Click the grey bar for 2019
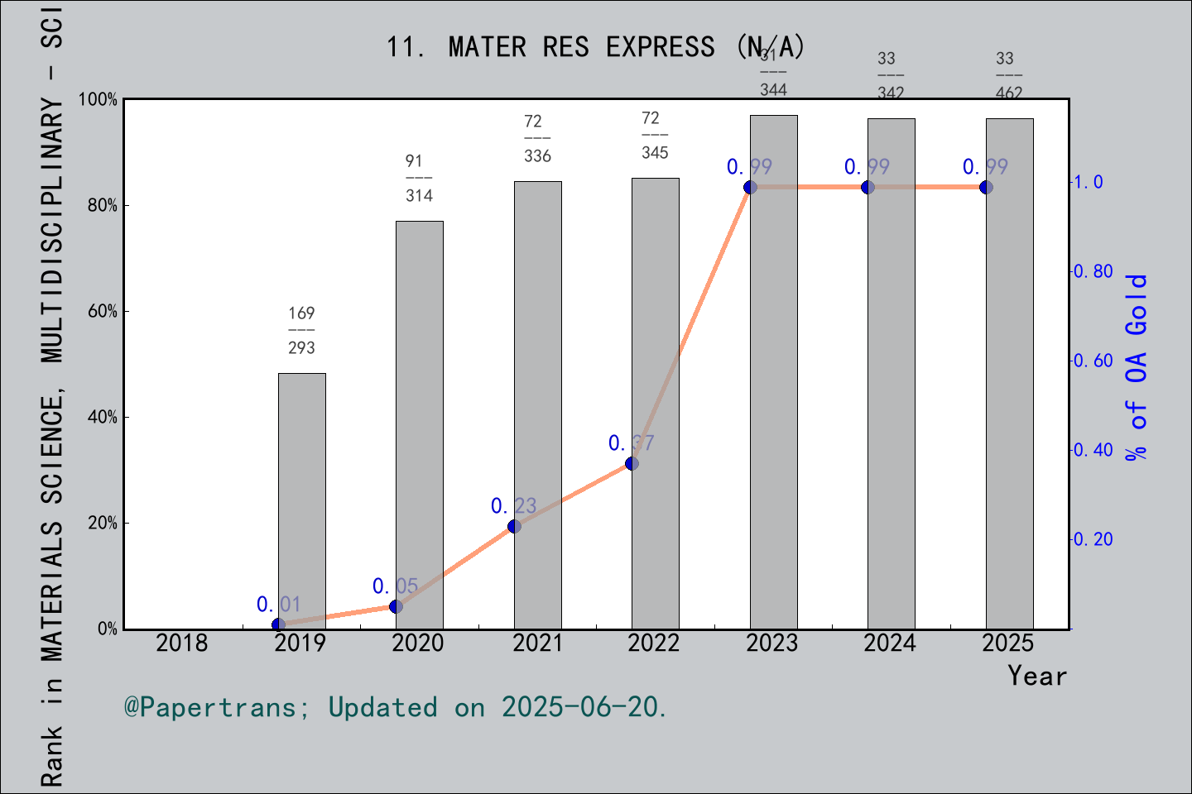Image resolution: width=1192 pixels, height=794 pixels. (x=301, y=500)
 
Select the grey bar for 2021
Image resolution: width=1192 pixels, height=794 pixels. (x=537, y=405)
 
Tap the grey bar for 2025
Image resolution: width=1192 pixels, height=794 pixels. (x=1009, y=373)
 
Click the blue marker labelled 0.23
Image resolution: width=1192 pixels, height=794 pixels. (x=514, y=527)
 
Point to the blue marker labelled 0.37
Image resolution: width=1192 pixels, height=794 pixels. (x=632, y=463)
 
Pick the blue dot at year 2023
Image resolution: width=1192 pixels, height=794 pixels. (x=750, y=187)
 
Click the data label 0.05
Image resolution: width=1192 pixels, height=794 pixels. (x=395, y=586)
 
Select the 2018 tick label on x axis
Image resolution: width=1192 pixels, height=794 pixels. (x=182, y=643)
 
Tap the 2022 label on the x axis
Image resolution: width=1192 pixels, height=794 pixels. (x=654, y=643)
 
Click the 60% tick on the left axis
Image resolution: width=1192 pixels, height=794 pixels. (x=103, y=311)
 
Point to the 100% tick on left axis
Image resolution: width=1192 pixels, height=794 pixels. (x=99, y=99)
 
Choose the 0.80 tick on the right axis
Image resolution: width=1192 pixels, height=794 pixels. (x=1093, y=271)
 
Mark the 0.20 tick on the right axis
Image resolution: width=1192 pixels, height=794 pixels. (x=1093, y=539)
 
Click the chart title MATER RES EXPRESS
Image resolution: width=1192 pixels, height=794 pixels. (x=595, y=47)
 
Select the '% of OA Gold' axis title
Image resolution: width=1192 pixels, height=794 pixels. (x=1136, y=367)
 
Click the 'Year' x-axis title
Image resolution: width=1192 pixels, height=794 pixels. (x=1036, y=676)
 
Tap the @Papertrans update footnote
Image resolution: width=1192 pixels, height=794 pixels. (x=396, y=707)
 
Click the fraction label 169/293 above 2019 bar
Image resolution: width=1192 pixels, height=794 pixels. (x=301, y=330)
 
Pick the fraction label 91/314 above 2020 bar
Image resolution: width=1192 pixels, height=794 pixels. (x=419, y=178)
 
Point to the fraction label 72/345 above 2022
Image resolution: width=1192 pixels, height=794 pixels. (x=655, y=135)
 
